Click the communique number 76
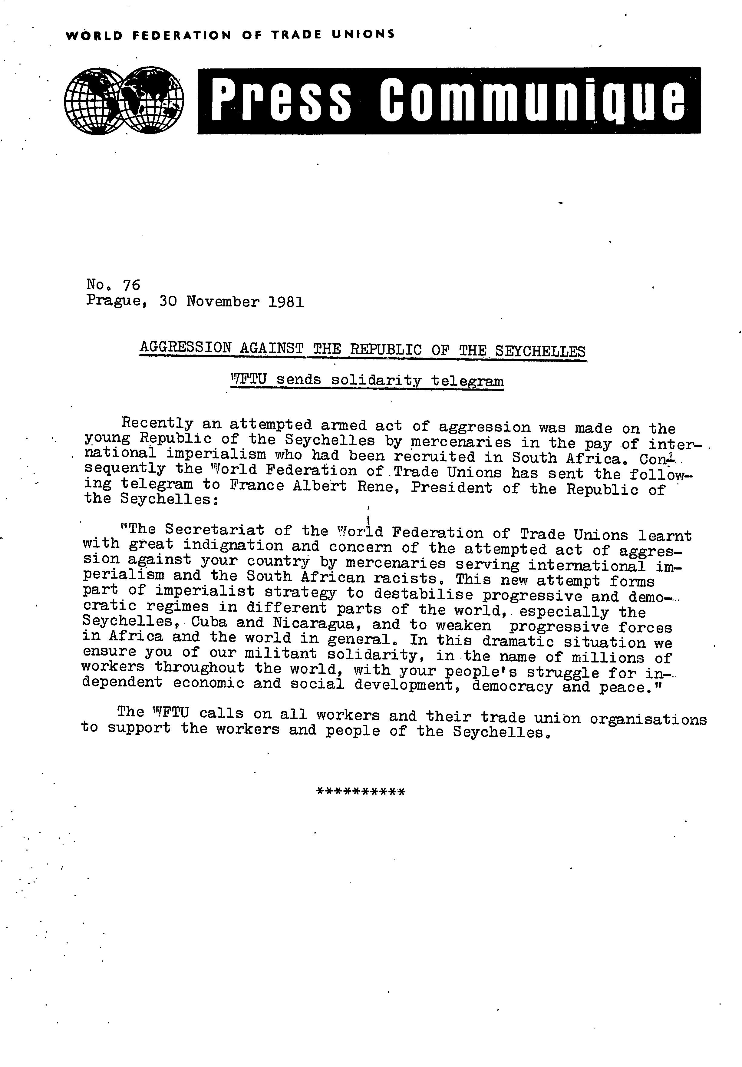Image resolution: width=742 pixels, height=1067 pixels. tap(131, 284)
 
